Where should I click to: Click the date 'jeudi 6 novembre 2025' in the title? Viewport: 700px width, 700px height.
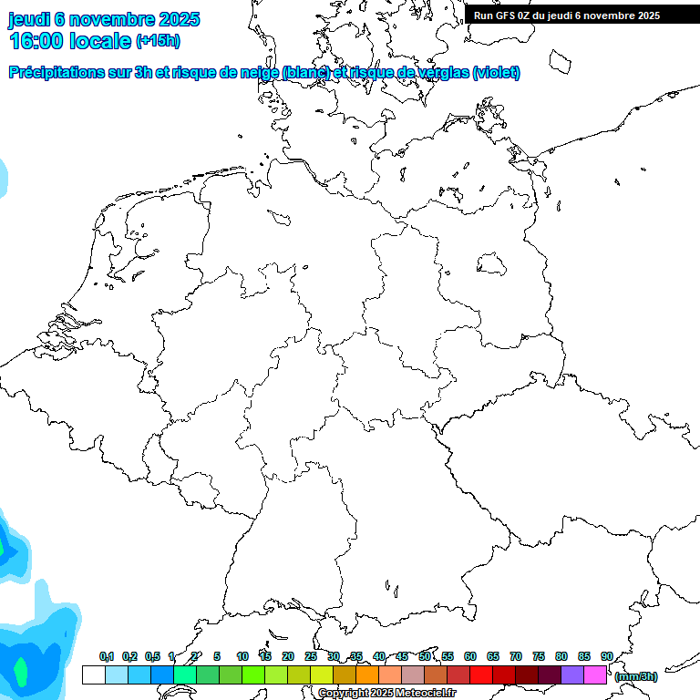[104, 19]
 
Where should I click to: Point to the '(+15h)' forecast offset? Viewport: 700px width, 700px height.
[158, 41]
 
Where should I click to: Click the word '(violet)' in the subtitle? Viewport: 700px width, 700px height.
[497, 73]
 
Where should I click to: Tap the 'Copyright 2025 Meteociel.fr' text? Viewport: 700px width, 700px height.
[386, 694]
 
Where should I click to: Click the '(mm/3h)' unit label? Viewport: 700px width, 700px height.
[636, 676]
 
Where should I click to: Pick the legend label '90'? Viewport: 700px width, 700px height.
[607, 656]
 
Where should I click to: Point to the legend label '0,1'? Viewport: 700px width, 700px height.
[106, 656]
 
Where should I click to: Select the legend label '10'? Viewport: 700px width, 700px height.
[242, 656]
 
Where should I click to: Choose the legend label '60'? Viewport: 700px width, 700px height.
[470, 656]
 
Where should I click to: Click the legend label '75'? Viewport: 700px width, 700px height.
[539, 656]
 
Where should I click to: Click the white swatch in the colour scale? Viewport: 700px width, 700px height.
[93, 674]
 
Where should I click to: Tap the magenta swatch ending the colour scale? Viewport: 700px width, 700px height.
[595, 674]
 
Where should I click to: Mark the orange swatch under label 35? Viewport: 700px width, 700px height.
[367, 674]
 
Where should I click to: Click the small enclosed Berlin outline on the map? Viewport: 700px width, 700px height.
[492, 263]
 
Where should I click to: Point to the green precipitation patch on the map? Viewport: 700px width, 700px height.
[18, 673]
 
